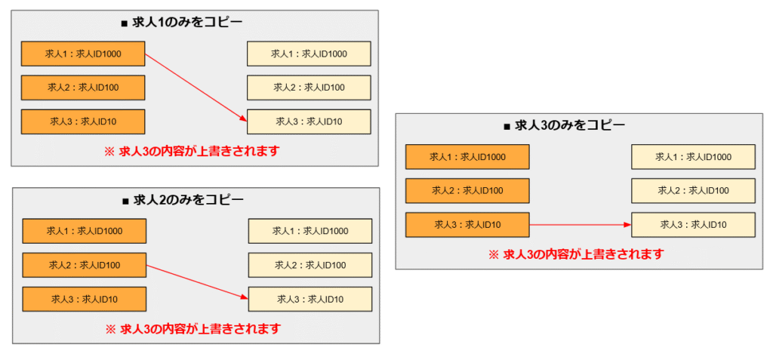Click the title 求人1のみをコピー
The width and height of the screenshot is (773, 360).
[194, 23]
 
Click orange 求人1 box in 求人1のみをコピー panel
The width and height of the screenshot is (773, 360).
[83, 54]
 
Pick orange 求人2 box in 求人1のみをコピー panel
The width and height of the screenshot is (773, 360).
[83, 88]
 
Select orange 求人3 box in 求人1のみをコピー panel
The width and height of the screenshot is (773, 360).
[83, 122]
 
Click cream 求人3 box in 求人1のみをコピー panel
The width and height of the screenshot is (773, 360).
[309, 122]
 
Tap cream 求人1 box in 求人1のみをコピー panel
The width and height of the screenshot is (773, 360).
[309, 54]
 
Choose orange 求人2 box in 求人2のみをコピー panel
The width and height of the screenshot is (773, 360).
[84, 265]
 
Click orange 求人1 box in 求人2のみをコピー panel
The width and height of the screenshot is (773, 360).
[84, 231]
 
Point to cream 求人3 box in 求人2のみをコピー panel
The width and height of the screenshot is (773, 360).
[310, 299]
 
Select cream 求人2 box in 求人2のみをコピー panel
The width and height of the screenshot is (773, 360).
[310, 265]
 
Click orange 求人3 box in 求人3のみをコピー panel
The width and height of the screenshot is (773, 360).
[467, 224]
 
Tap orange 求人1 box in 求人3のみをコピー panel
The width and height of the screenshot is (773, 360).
[467, 157]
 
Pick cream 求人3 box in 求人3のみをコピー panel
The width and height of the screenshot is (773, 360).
[693, 224]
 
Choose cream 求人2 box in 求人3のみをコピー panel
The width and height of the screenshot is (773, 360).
[693, 190]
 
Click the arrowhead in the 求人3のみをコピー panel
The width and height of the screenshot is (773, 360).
[627, 224]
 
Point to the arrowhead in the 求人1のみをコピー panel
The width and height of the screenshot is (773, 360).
[243, 118]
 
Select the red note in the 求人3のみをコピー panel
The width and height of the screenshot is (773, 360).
[577, 254]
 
